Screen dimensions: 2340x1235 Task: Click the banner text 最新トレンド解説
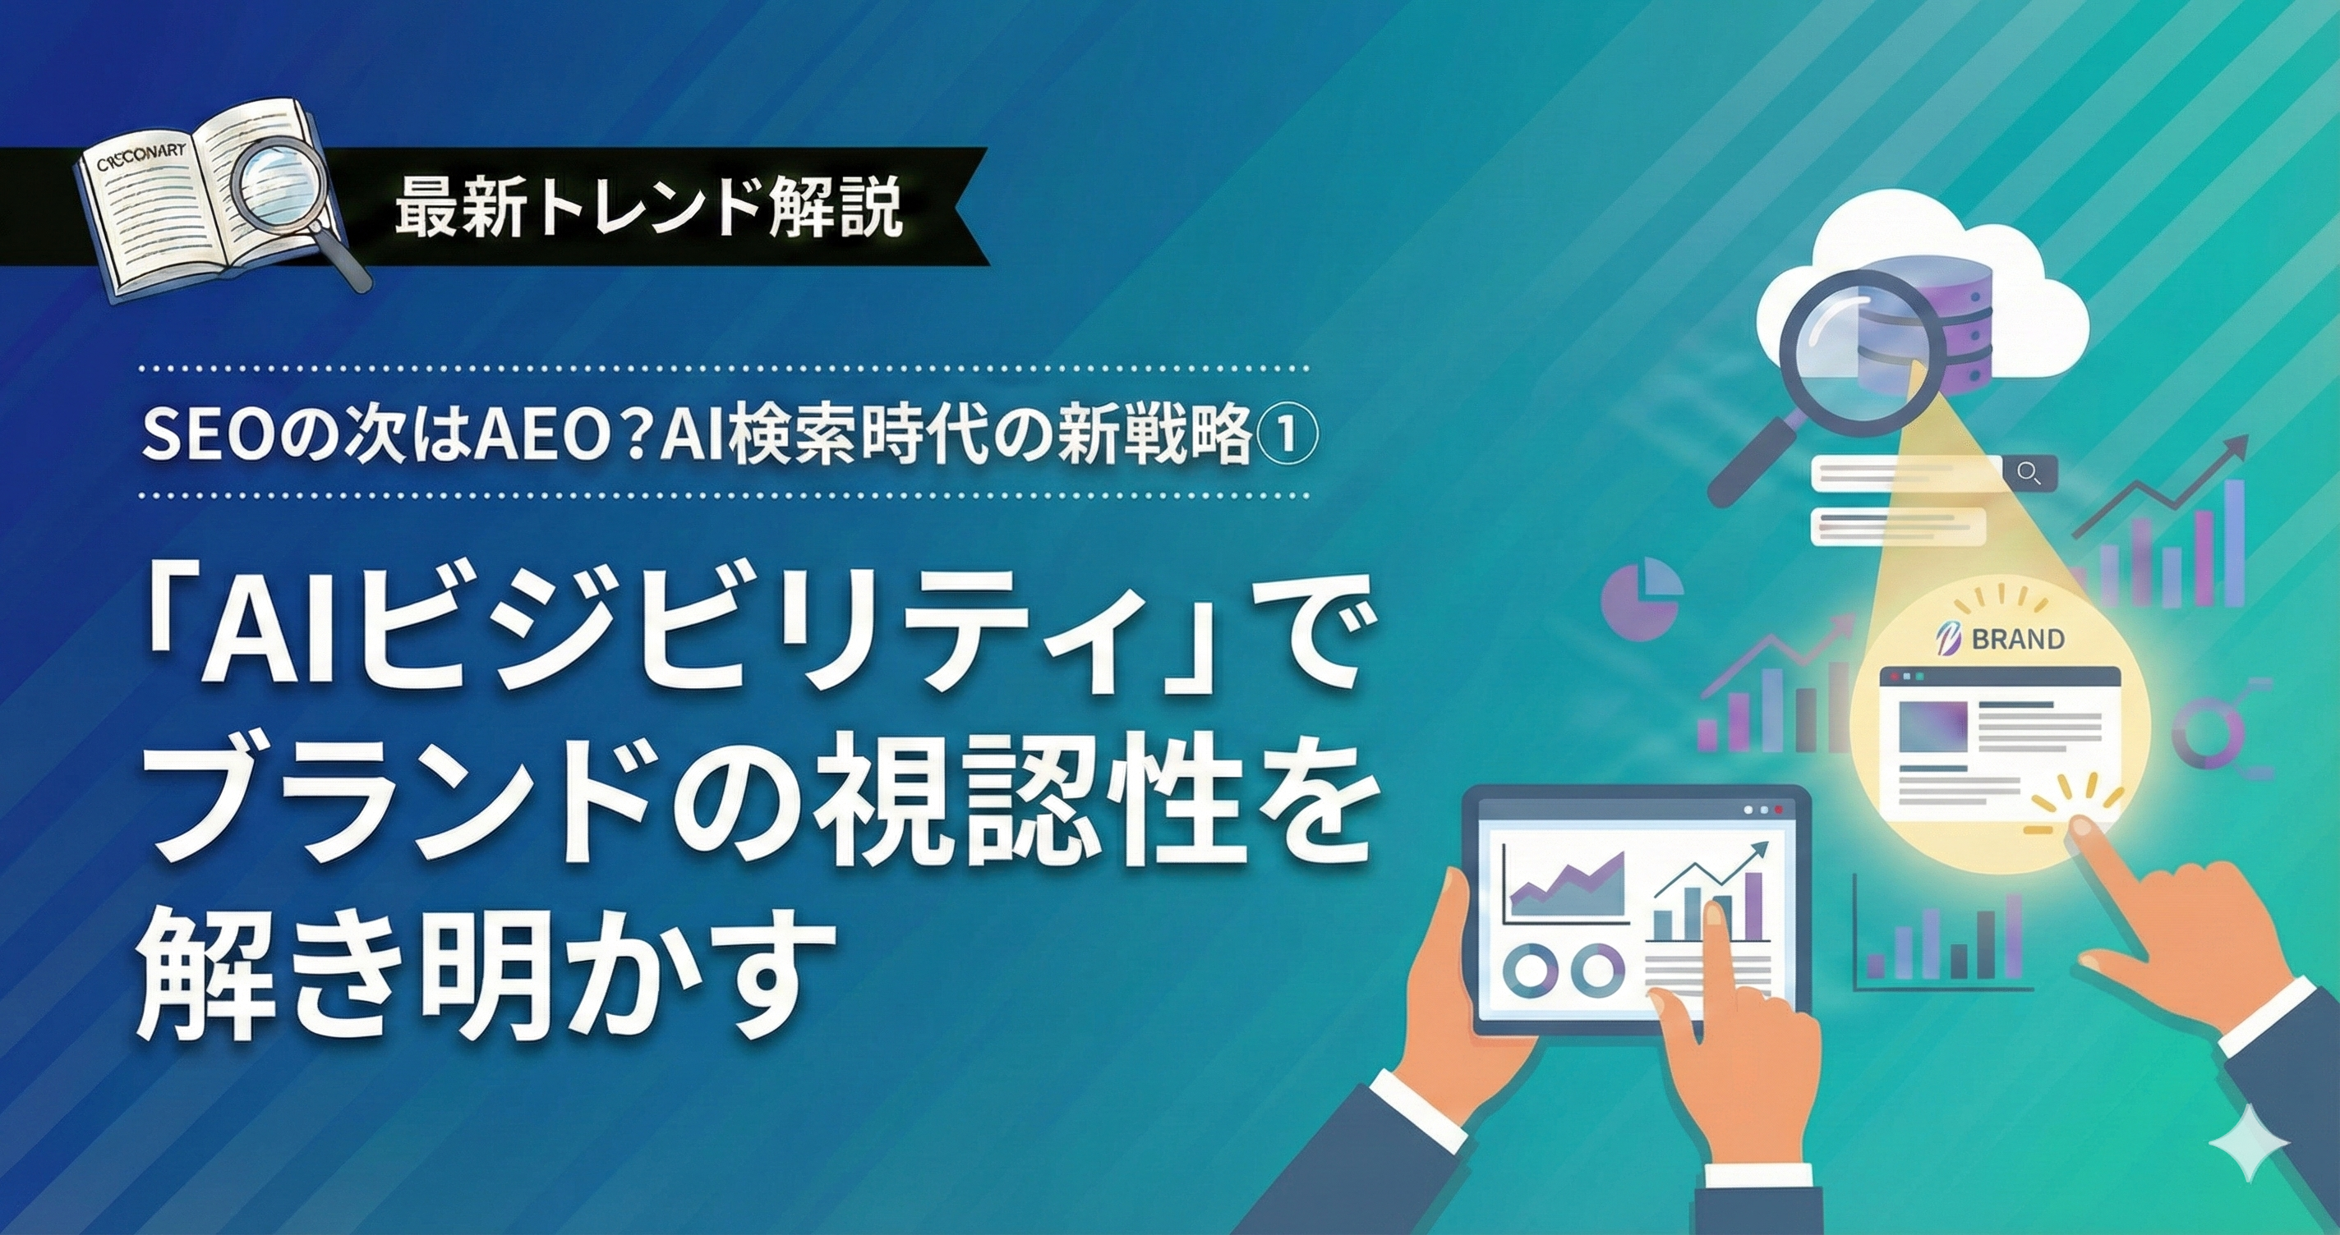[x=648, y=206]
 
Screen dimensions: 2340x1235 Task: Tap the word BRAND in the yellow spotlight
[x=2019, y=640]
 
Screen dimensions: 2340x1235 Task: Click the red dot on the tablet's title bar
[x=1778, y=809]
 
